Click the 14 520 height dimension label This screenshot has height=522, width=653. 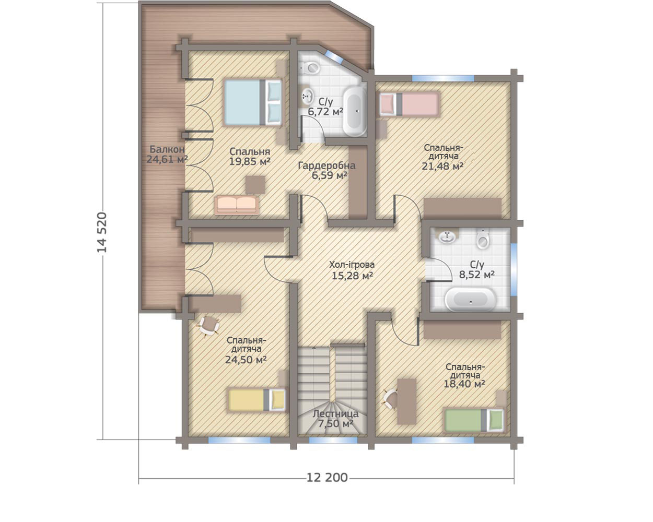click(102, 232)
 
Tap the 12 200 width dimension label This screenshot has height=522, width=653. click(327, 478)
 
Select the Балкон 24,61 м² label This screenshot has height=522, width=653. click(167, 154)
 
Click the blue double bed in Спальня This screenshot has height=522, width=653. click(253, 102)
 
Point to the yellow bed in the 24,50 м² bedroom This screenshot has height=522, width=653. click(257, 400)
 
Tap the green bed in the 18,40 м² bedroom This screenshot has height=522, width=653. click(474, 420)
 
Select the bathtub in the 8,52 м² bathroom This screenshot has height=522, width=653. click(470, 300)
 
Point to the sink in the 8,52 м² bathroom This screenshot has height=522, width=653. click(447, 236)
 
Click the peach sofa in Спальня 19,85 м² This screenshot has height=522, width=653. click(237, 205)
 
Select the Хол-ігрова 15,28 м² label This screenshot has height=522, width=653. click(352, 270)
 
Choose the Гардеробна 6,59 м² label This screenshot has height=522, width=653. click(327, 170)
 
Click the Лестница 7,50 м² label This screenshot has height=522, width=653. click(335, 419)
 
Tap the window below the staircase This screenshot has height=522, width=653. click(333, 441)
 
